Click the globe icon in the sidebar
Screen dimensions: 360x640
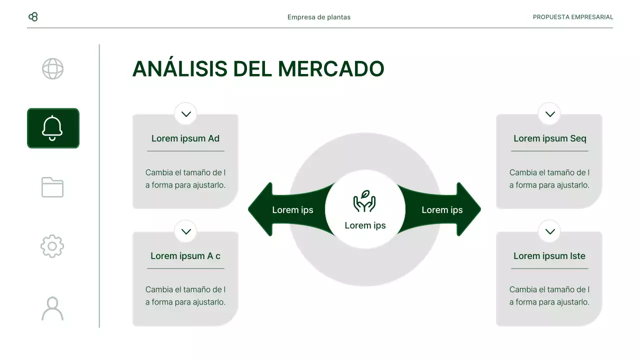pyautogui.click(x=52, y=69)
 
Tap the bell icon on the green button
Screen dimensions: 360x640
pyautogui.click(x=52, y=128)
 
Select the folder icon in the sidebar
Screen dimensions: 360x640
pyautogui.click(x=52, y=187)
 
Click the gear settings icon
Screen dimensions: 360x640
pyautogui.click(x=52, y=246)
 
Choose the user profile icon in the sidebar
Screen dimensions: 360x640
pyautogui.click(x=52, y=308)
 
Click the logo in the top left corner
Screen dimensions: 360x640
pyautogui.click(x=33, y=17)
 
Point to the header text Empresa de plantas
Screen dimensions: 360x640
pyautogui.click(x=319, y=17)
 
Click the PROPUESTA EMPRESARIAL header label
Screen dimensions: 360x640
pyautogui.click(x=572, y=17)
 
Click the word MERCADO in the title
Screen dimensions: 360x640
pyautogui.click(x=331, y=69)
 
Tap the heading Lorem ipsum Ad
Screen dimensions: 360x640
pyautogui.click(x=185, y=138)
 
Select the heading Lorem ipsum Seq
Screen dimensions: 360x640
pyautogui.click(x=549, y=138)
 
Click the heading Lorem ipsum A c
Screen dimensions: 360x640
pyautogui.click(x=185, y=256)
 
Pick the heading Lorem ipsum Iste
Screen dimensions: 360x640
pyautogui.click(x=549, y=256)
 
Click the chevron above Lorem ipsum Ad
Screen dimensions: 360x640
pyautogui.click(x=186, y=114)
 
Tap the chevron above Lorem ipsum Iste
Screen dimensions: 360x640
pyautogui.click(x=550, y=231)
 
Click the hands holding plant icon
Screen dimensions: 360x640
pyautogui.click(x=364, y=201)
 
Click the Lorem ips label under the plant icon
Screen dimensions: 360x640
pyautogui.click(x=365, y=225)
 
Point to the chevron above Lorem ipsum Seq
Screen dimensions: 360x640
pyautogui.click(x=550, y=114)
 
